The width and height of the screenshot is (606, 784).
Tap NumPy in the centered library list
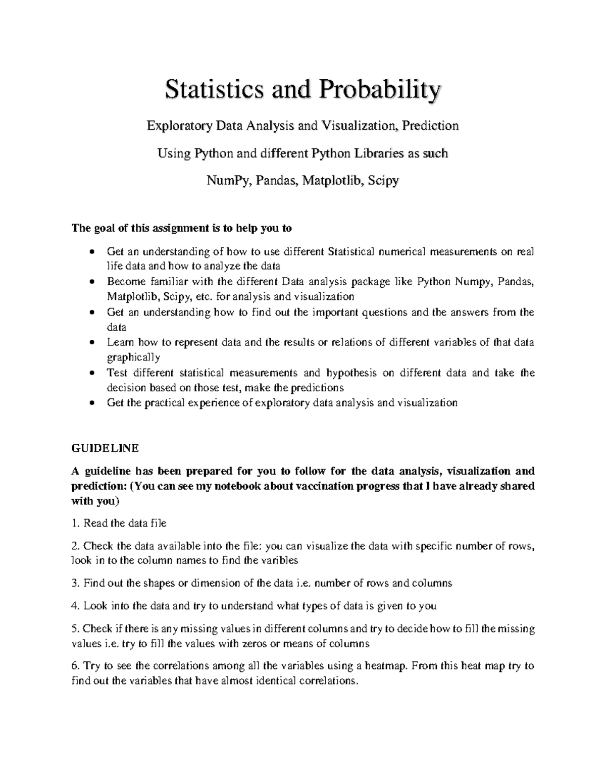tap(228, 181)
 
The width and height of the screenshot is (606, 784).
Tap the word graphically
tap(133, 357)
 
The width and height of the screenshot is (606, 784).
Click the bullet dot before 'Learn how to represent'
tap(91, 343)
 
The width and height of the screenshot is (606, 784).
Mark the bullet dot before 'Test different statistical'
tap(91, 374)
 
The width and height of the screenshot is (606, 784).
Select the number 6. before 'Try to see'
tap(76, 666)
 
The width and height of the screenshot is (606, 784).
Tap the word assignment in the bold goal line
tap(173, 228)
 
